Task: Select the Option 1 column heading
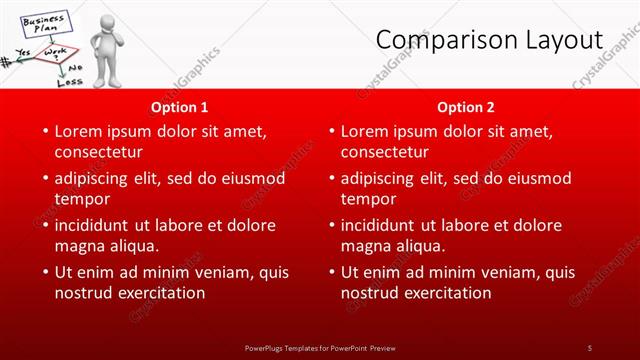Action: (180, 106)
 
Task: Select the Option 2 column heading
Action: (466, 106)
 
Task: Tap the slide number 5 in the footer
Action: (590, 347)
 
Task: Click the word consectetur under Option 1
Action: (98, 152)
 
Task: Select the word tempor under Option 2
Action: (369, 199)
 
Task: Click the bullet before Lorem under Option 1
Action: (44, 131)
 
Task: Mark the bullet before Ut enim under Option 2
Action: (330, 272)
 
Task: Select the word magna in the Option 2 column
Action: (367, 246)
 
